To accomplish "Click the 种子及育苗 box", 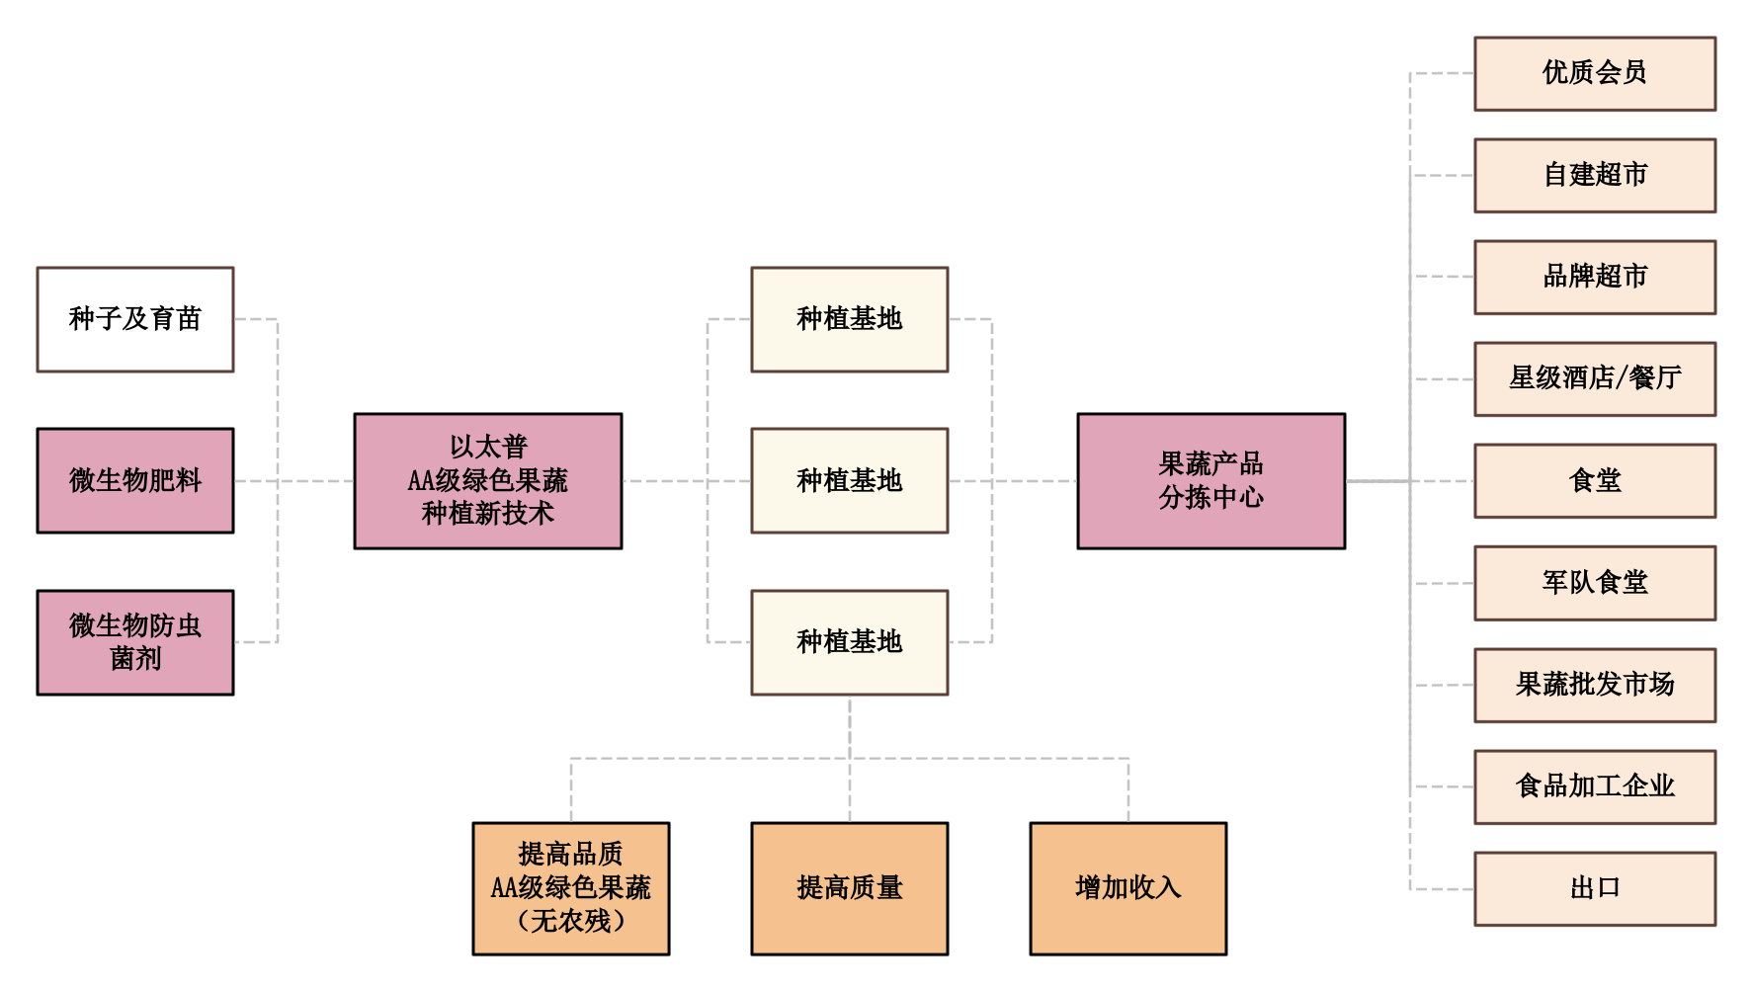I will point(135,319).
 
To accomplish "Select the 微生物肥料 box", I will point(135,481).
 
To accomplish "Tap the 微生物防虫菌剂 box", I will point(135,642).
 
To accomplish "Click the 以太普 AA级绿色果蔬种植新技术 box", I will point(488,481).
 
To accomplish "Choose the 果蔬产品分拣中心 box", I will point(1210,481).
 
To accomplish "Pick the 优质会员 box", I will point(1595,73).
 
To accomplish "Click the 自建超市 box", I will point(1595,176).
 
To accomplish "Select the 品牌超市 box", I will point(1595,277).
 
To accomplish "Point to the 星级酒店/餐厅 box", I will point(1595,378).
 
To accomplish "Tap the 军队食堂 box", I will point(1595,583).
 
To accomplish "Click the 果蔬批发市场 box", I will point(1595,685).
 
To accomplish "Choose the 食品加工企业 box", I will point(1595,786).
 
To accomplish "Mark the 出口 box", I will point(1595,888).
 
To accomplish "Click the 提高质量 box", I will point(850,888).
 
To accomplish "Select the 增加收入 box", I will point(1128,888).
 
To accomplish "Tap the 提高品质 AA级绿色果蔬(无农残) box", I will point(571,888).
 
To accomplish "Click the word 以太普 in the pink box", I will point(488,448).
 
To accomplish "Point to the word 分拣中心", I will point(1210,497).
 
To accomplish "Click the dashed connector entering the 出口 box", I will point(1443,888).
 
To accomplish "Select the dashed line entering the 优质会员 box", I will point(1443,73).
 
